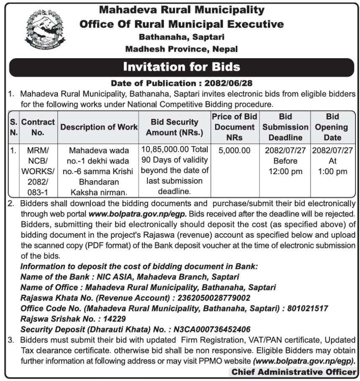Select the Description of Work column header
[99, 127]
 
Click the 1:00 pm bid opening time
[333, 172]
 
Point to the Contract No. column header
[38, 127]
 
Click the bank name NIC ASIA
[112, 277]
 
